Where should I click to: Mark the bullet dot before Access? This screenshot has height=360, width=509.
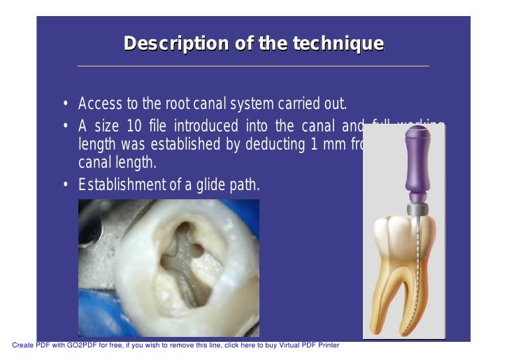pos(65,106)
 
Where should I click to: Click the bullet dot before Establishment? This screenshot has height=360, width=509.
pos(65,185)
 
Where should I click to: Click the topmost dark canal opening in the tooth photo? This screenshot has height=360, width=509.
pos(183,227)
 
